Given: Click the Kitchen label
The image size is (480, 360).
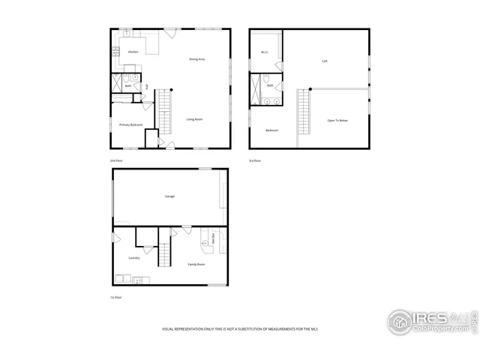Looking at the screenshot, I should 133,52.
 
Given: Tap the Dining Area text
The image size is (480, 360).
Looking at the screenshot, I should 197,58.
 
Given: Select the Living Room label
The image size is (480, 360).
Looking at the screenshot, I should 194,119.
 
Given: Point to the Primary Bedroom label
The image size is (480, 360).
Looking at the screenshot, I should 131,124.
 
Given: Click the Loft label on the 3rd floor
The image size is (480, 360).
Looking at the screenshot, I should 325,61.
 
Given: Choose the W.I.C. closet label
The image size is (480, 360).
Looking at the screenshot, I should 265,52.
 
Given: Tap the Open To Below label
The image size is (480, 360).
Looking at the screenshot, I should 337,120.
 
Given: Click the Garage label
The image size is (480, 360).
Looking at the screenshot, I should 169,196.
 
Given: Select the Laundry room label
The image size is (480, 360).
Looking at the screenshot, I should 134,258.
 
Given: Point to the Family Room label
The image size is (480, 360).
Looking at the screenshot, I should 196,265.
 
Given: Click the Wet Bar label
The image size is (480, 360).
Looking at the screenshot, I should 214,239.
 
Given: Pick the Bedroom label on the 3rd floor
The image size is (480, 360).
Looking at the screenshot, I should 271,130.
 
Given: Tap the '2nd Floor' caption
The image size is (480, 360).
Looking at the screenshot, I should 116,160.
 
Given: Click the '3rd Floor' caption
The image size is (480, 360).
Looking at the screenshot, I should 256,160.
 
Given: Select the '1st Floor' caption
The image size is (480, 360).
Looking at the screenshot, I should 115,297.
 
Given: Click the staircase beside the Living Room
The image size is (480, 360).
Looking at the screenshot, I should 165,109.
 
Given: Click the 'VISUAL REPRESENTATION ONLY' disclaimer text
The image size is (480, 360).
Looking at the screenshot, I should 239,329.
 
